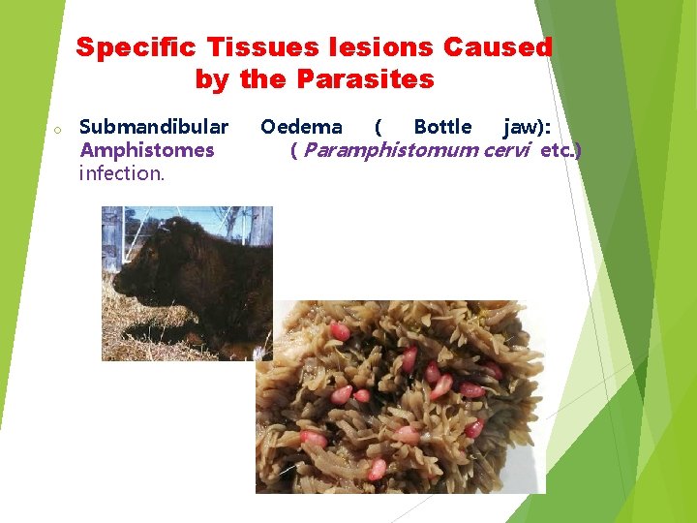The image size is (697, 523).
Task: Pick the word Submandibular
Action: (x=154, y=127)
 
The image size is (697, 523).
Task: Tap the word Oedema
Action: (x=301, y=127)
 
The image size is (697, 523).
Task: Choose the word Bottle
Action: (x=442, y=127)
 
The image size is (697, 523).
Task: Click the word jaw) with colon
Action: (x=528, y=127)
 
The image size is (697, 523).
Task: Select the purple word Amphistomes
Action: (x=147, y=150)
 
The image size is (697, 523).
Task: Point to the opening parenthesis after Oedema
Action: (x=378, y=127)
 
